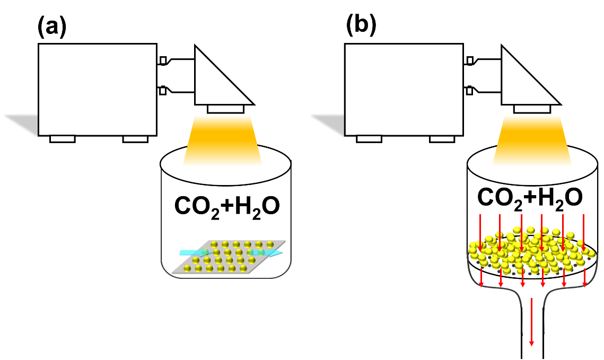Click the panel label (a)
tap(52, 28)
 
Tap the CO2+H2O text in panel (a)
tap(227, 207)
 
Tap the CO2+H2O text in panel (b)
tap(530, 198)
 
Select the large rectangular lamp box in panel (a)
tap(98, 90)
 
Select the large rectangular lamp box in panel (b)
tap(404, 90)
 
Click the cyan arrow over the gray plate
tap(231, 252)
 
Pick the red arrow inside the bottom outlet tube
tap(532, 321)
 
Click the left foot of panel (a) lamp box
tap(63, 139)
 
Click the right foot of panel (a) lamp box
tap(135, 139)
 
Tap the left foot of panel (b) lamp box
tap(369, 139)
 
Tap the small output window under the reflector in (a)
tap(226, 109)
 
